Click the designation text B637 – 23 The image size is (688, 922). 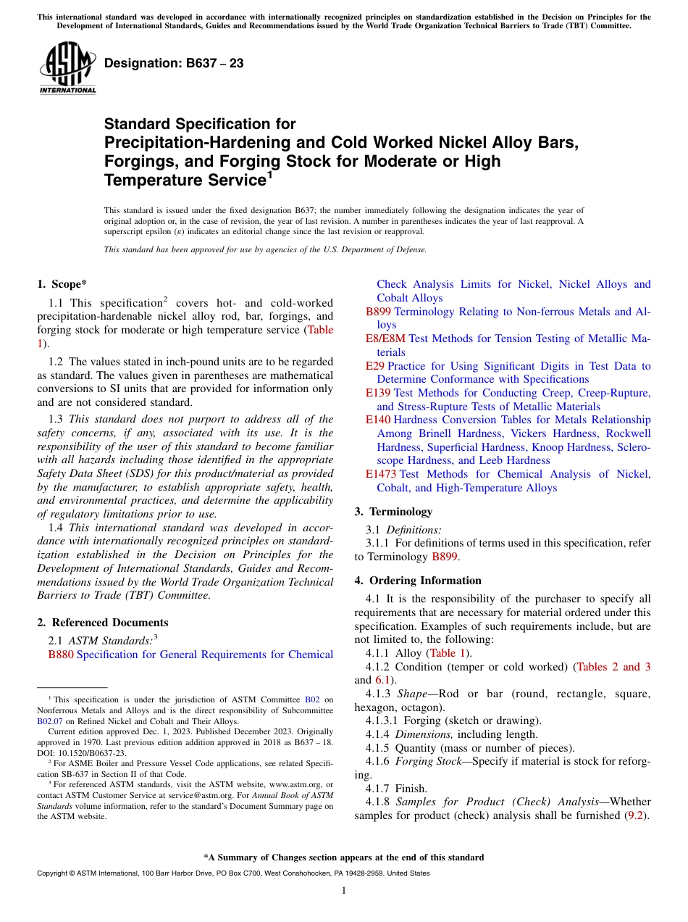point(174,64)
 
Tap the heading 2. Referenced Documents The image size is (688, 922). point(102,623)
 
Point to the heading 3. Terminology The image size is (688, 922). point(393,512)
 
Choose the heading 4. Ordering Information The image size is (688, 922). point(418,581)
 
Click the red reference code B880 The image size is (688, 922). point(61,655)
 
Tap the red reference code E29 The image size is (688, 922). point(374,366)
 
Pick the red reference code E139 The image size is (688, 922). point(378,393)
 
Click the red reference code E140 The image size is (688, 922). point(378,420)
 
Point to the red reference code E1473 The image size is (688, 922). point(381,474)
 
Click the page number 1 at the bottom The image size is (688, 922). point(343,891)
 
